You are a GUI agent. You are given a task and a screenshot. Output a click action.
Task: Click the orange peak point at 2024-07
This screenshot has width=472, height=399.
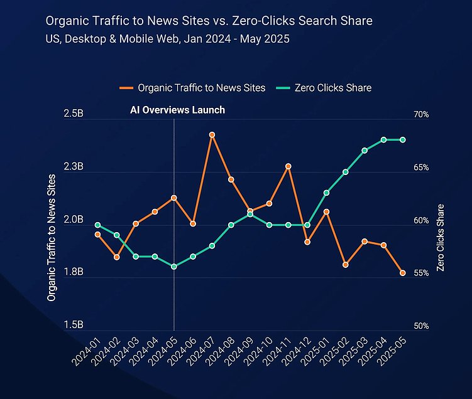click(x=212, y=135)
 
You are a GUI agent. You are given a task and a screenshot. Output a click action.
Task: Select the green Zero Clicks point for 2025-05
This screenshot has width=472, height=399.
click(x=403, y=140)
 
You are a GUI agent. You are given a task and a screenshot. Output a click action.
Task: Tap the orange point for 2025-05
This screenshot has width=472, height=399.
click(x=403, y=273)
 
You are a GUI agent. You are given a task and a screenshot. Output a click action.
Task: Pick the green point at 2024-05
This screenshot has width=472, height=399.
click(x=174, y=267)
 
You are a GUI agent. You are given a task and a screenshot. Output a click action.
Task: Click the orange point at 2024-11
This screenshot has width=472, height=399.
click(x=288, y=166)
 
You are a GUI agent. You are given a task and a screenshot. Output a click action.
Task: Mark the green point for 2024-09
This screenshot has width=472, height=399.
click(x=250, y=214)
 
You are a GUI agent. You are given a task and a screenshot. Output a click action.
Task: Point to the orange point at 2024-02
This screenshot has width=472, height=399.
click(x=117, y=257)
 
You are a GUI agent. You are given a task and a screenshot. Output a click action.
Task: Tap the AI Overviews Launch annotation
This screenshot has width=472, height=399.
click(x=177, y=110)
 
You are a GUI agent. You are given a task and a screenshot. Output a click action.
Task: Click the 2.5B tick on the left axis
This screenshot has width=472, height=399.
click(x=74, y=114)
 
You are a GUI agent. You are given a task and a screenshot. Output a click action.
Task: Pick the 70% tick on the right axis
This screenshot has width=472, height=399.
click(x=421, y=115)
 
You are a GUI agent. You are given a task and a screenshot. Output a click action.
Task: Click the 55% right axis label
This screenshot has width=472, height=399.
click(x=421, y=273)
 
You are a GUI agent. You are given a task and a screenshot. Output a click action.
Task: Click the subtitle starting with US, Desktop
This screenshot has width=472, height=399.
click(x=168, y=39)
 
